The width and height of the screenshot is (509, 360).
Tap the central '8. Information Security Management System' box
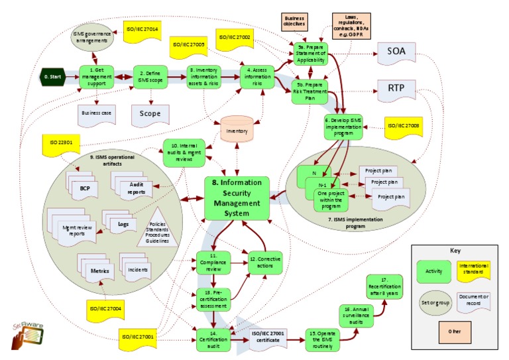(237, 198)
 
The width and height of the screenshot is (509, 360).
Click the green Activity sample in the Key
(433, 271)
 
